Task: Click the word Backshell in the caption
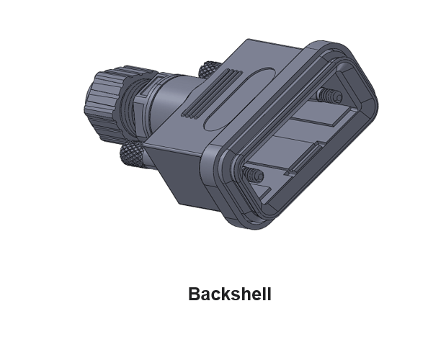(x=229, y=294)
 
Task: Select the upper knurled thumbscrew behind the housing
(x=209, y=69)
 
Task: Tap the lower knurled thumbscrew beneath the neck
(x=131, y=153)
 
